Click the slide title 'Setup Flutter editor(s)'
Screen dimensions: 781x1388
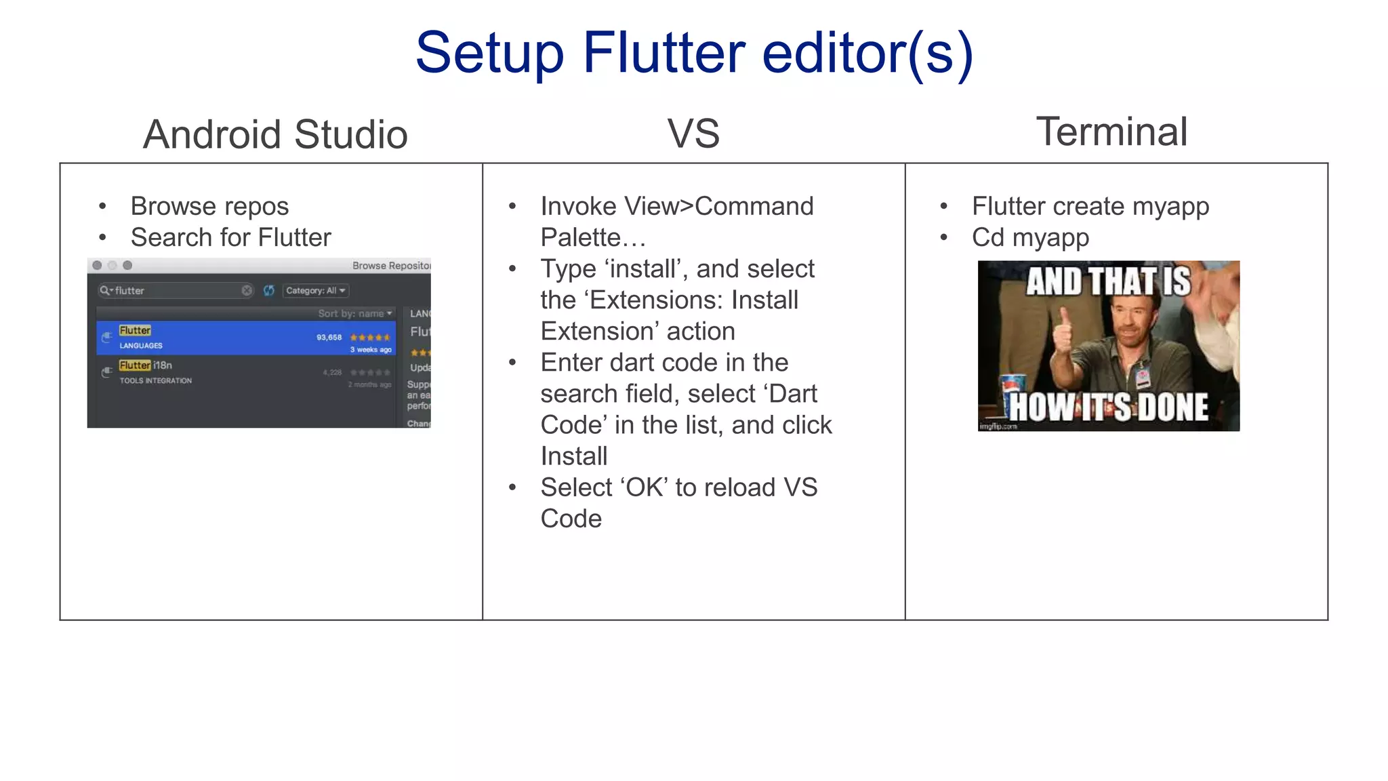click(694, 53)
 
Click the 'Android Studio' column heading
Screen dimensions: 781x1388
click(275, 134)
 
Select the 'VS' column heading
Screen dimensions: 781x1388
click(693, 134)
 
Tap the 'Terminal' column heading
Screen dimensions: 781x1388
click(1111, 132)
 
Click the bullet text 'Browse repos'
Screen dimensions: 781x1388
click(209, 206)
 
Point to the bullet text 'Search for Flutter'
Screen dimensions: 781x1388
click(230, 237)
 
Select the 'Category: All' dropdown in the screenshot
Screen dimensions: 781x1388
click(315, 291)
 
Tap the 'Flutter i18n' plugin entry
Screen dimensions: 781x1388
click(146, 366)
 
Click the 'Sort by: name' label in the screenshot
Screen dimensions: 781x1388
click(354, 313)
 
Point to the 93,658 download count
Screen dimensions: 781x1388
click(329, 338)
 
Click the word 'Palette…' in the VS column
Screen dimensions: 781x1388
click(593, 238)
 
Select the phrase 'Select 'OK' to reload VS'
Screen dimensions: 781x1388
click(678, 487)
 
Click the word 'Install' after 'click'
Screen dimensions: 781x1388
click(573, 456)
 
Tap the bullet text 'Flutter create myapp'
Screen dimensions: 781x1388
click(1090, 206)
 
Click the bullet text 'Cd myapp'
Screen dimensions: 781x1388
click(1030, 237)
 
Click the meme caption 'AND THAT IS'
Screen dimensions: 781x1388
click(1108, 281)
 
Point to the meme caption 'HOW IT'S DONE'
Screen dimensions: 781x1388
click(1109, 407)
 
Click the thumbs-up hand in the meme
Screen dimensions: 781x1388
click(1061, 339)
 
